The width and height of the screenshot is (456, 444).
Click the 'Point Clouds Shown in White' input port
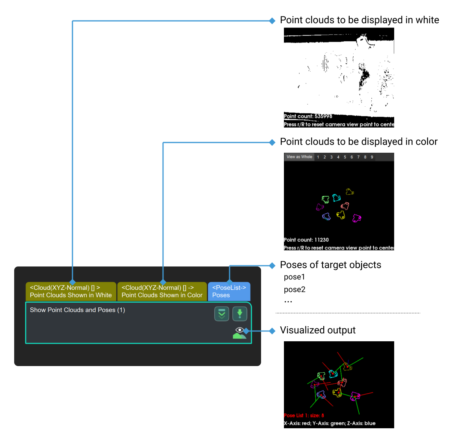(71, 292)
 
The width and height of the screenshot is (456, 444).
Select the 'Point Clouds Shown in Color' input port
(162, 292)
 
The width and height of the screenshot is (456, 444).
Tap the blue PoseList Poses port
(229, 292)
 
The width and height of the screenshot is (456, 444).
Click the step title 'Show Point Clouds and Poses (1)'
(78, 310)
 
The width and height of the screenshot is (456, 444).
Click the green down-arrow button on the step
(239, 314)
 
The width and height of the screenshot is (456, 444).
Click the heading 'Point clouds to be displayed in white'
(359, 20)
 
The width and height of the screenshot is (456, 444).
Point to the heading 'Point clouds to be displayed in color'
(358, 142)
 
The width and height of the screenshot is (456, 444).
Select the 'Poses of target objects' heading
(330, 265)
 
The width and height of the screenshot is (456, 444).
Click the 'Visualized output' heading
(317, 330)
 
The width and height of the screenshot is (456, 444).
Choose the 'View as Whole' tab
(299, 157)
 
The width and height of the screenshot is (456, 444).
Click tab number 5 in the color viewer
(345, 157)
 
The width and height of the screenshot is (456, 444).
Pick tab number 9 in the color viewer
(372, 157)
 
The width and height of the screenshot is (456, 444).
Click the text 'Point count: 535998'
(308, 117)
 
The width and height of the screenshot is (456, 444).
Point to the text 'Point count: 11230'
(306, 240)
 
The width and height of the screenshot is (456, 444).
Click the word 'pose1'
(295, 277)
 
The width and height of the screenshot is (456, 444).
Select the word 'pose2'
(295, 290)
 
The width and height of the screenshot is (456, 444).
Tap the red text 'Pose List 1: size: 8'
(304, 416)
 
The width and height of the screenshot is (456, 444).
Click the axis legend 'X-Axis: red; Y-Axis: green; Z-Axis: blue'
(330, 424)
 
